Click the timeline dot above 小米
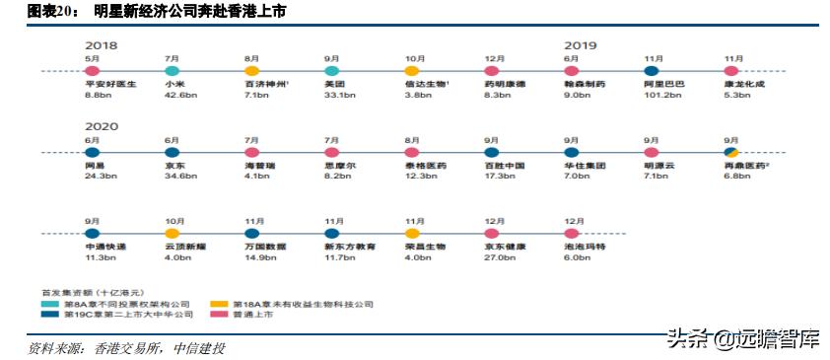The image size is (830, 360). click(172, 71)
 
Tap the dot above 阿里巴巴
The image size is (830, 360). click(651, 71)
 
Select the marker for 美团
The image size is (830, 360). click(331, 71)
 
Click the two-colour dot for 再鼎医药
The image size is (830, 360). click(730, 153)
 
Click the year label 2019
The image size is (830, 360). click(581, 45)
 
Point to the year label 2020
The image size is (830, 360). click(102, 127)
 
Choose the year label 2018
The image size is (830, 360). click(102, 45)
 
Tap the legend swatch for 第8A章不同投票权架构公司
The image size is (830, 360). click(48, 304)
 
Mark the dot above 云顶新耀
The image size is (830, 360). click(172, 233)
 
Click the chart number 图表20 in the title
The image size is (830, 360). click(52, 11)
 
